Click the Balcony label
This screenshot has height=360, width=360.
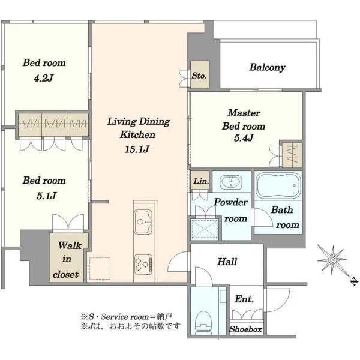(267, 67)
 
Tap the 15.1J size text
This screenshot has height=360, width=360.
(137, 149)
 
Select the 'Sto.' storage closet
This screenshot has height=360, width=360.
(200, 74)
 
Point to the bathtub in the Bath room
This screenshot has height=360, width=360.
(278, 185)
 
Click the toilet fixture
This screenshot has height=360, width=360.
(203, 322)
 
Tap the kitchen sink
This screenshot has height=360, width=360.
(143, 221)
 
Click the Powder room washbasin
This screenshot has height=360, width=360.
(231, 182)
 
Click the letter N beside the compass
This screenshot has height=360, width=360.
(354, 281)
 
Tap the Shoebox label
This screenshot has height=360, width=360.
(245, 329)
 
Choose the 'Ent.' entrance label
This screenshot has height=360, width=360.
(244, 299)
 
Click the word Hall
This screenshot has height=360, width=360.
(227, 262)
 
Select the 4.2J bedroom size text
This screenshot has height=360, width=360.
(44, 78)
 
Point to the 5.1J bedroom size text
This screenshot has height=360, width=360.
(46, 196)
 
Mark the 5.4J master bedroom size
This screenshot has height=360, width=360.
(244, 138)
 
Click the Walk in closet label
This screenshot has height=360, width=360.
(67, 260)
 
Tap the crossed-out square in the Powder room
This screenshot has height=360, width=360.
(205, 230)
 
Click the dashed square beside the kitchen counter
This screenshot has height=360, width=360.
(100, 268)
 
